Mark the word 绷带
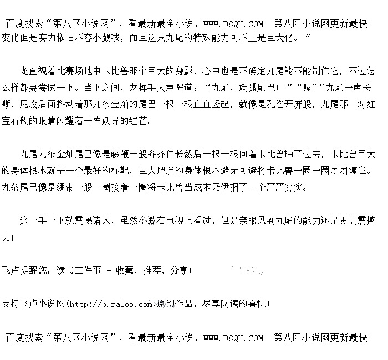[61, 187]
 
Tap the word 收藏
[125, 270]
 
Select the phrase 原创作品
[175, 304]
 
